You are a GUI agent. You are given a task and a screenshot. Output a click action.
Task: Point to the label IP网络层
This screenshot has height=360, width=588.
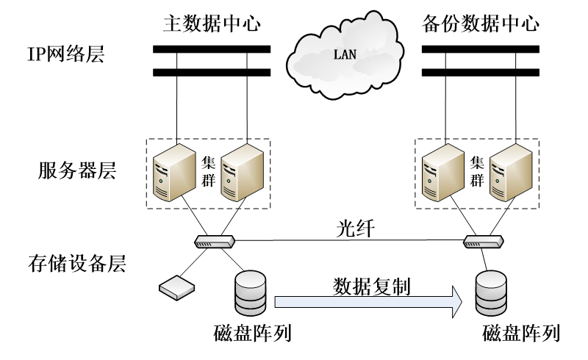coord(63,54)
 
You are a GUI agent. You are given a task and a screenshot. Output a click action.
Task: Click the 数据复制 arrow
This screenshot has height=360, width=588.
coord(368,299)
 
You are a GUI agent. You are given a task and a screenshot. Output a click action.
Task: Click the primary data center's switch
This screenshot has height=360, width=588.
coord(214,240)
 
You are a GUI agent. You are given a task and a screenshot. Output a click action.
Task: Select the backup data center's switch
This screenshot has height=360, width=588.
coord(482,240)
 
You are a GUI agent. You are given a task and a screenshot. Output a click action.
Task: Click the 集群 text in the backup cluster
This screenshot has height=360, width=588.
coord(477,170)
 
